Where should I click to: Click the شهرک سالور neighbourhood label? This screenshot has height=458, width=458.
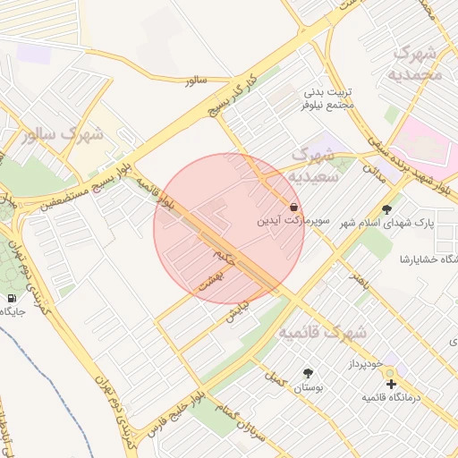tap(64, 135)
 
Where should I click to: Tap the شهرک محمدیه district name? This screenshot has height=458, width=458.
tap(417, 63)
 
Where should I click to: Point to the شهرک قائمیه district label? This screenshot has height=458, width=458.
tap(322, 332)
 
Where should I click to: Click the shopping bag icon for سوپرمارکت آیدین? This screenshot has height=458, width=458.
tap(294, 206)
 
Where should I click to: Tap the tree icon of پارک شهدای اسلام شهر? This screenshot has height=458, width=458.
tap(386, 209)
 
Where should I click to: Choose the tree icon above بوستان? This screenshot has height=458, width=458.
tap(308, 373)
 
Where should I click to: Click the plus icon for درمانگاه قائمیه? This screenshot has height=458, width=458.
tap(391, 384)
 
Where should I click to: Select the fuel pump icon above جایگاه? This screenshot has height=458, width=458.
tap(11, 298)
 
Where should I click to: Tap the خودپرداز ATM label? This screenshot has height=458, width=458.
tap(366, 365)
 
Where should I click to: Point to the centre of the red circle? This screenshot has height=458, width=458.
tap(229, 228)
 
